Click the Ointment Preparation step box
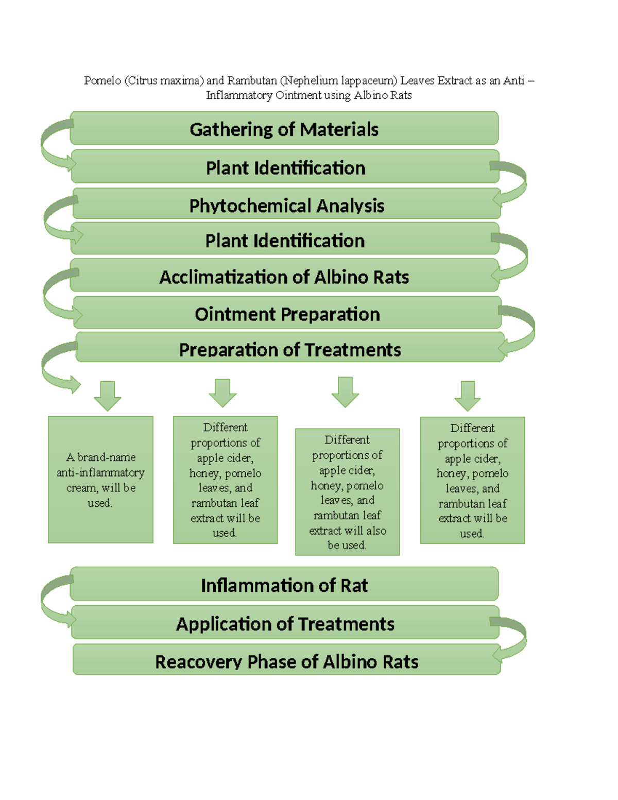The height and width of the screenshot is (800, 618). [x=287, y=314]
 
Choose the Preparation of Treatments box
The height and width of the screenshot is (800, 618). [x=289, y=349]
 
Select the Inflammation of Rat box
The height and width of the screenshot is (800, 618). [x=284, y=585]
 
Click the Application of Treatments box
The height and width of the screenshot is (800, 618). [x=285, y=623]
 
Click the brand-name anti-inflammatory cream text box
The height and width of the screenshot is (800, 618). [x=100, y=480]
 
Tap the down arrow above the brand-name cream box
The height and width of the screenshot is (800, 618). [x=108, y=396]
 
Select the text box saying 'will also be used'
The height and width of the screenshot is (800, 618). [x=347, y=492]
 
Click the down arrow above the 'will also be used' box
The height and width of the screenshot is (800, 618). [x=345, y=392]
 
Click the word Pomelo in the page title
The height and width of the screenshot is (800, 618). [x=102, y=81]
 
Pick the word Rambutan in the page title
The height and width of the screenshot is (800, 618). [x=252, y=81]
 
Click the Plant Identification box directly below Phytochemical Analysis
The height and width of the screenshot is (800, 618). [x=285, y=241]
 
